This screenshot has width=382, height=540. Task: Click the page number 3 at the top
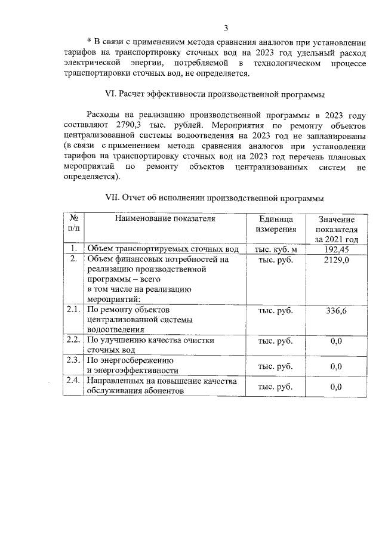[x=226, y=27]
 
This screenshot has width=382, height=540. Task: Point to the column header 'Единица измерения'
[x=276, y=224]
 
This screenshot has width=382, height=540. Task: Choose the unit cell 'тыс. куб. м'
[x=276, y=249]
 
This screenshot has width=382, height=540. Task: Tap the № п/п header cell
[x=73, y=224]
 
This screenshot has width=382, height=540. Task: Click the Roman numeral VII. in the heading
[x=113, y=198]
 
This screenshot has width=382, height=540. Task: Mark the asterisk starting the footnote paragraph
[x=88, y=41]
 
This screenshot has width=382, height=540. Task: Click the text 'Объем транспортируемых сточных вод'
[x=162, y=249]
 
